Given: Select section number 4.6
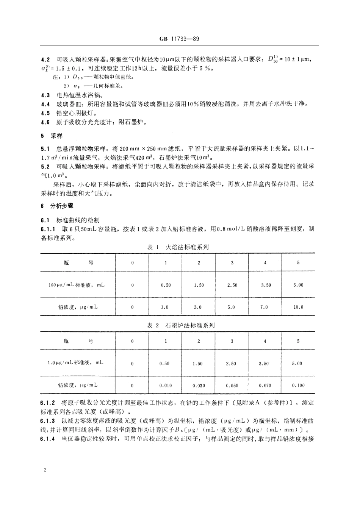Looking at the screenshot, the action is (45, 122).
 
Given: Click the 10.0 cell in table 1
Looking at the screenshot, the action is (298, 307).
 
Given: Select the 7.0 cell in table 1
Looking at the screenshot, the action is (264, 307).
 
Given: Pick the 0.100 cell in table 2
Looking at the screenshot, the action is (298, 385).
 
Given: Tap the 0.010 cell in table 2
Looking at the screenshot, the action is (165, 385).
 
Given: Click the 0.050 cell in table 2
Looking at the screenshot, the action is (232, 385).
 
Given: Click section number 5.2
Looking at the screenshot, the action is (45, 166).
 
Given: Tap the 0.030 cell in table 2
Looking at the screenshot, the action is (199, 385).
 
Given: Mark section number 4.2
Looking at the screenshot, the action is (45, 59).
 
